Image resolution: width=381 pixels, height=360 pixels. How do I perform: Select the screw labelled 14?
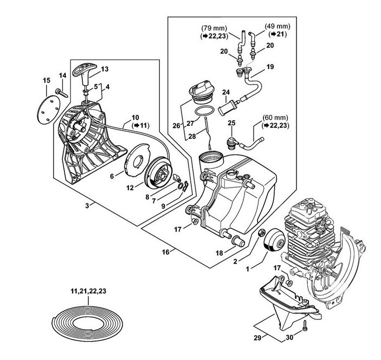(x=62, y=93)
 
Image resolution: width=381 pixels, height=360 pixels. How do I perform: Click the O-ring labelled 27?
(x=204, y=111)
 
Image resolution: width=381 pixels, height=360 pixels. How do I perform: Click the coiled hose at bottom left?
(x=88, y=321)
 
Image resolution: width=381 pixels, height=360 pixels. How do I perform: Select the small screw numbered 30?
(x=305, y=326)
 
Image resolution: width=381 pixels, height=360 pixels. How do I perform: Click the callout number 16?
(x=166, y=252)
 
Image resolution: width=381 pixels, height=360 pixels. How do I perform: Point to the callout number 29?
(x=258, y=338)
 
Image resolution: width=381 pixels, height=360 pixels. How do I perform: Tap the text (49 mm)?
(x=277, y=26)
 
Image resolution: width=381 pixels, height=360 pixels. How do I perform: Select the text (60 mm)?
(x=275, y=118)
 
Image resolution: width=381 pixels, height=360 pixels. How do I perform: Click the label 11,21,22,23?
(x=88, y=291)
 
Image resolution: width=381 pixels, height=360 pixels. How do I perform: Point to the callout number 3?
(x=87, y=206)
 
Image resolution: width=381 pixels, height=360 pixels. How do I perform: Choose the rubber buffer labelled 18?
(x=238, y=241)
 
